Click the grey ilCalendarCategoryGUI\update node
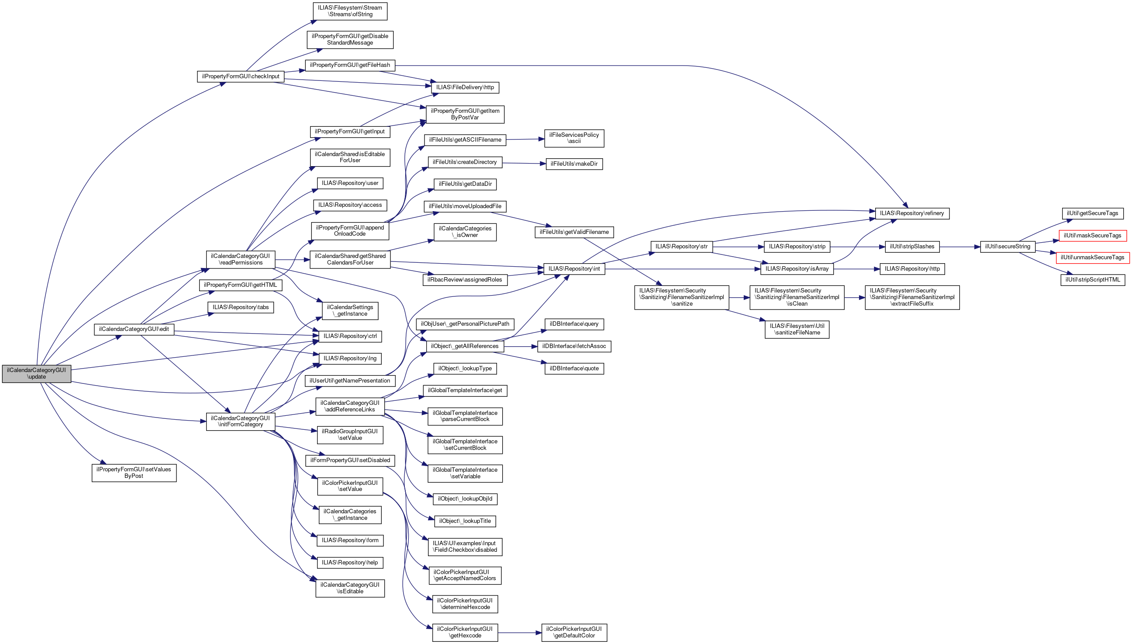pos(36,374)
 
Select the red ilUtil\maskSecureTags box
pos(1092,236)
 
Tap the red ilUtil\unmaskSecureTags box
pos(1093,258)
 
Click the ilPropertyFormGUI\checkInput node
pos(240,77)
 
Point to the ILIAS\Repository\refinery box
pos(911,213)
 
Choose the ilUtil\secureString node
pos(1008,247)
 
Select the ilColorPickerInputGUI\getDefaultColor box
pos(574,632)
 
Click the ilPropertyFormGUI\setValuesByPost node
pos(134,472)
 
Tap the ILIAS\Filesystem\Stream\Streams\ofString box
pos(350,11)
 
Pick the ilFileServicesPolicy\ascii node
pos(574,138)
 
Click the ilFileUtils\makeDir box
pos(574,164)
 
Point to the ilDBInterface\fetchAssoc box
pos(574,346)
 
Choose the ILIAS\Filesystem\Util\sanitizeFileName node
pos(797,330)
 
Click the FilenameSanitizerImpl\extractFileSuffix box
pos(912,297)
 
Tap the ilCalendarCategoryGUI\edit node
pos(134,329)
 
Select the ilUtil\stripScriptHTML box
pos(1093,279)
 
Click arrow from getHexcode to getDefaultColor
pos(520,633)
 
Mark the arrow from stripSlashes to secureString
pos(959,247)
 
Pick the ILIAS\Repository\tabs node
pos(240,307)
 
